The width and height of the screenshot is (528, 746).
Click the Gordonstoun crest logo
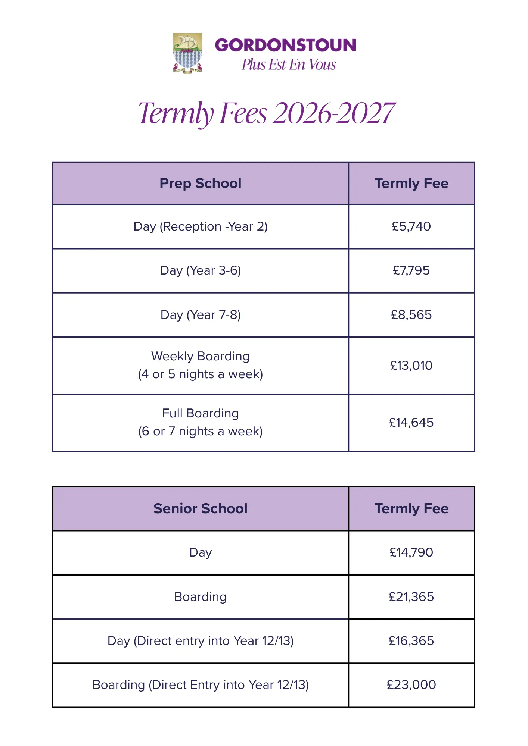click(187, 53)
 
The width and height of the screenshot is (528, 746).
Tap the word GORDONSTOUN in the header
click(285, 45)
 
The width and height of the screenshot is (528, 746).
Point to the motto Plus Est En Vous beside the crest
click(289, 65)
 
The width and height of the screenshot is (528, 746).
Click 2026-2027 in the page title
click(333, 113)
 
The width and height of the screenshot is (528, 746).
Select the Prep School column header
click(201, 184)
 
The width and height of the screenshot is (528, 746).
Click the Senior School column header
click(201, 508)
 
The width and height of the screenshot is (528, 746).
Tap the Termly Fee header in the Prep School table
click(411, 184)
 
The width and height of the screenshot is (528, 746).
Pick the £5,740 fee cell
click(411, 226)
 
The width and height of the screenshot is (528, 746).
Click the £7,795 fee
click(411, 270)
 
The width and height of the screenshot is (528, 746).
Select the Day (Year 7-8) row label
click(201, 315)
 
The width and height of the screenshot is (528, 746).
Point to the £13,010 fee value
click(411, 366)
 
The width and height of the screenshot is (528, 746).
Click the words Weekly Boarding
click(201, 356)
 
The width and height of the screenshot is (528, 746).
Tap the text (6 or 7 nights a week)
click(201, 431)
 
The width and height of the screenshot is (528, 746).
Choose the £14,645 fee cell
click(411, 423)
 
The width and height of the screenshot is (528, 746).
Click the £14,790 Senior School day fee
click(411, 552)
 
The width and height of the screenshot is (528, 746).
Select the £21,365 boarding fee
click(411, 597)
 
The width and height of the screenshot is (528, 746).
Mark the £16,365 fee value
click(411, 641)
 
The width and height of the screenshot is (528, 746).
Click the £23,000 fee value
click(411, 685)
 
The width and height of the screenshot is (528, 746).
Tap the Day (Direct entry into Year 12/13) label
click(201, 641)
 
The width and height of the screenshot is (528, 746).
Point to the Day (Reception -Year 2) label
click(201, 226)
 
